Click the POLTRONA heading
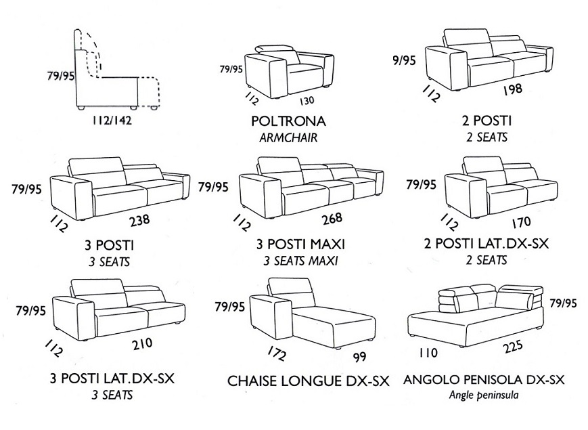coord(288,122)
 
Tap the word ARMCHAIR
coord(288,137)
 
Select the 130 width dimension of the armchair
coord(307,101)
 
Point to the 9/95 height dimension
coord(403,60)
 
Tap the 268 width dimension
coord(332,219)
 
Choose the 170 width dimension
coord(521,221)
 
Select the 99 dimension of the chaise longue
coord(359,357)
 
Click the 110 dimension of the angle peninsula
coord(429,353)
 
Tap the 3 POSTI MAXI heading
coord(296,244)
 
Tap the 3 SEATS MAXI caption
coord(296,261)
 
